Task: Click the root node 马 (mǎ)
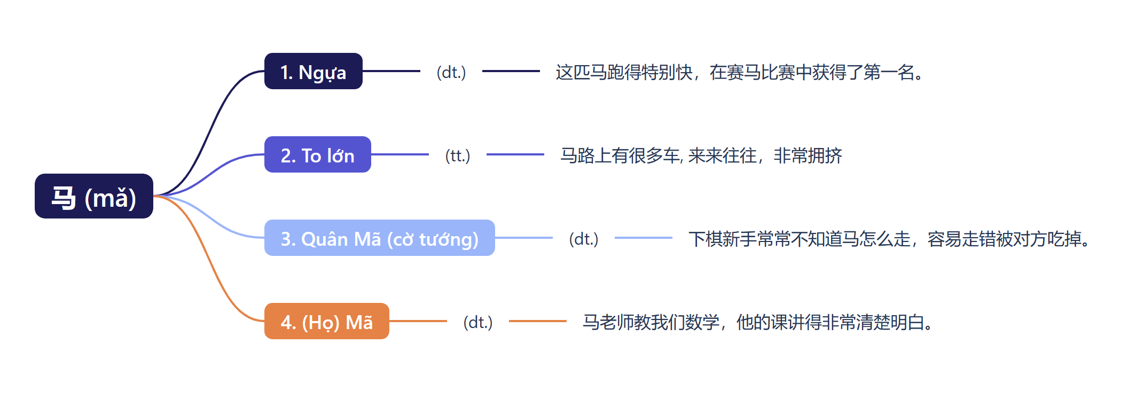pos(94,196)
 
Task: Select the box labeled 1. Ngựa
pos(314,71)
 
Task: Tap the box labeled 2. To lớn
pos(318,154)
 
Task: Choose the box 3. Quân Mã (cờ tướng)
pos(380,238)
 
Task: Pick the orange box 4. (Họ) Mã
pos(327,321)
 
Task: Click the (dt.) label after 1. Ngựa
pos(451,72)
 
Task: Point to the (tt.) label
pos(458,155)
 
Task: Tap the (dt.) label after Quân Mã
pos(584,239)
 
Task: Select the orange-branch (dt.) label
pos(478,322)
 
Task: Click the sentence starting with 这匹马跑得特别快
pos(740,72)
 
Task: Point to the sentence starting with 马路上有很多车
pos(701,155)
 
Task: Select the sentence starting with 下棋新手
pos(889,239)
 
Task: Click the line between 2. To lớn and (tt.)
pos(399,154)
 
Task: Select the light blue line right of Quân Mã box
pos(523,238)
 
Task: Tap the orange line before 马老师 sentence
pos(537,321)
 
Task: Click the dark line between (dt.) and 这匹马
pos(511,71)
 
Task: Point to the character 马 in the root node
pos(64,197)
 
